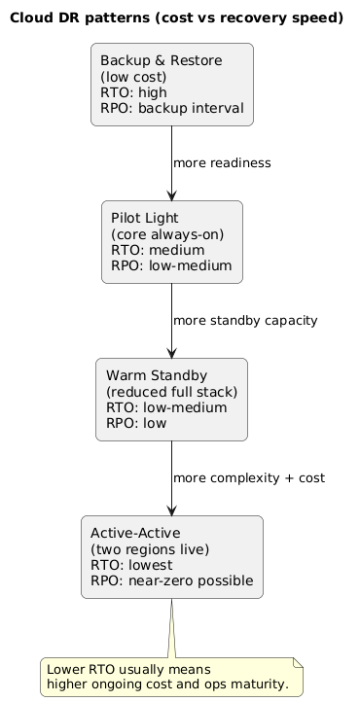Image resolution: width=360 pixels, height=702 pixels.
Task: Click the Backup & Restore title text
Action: click(162, 61)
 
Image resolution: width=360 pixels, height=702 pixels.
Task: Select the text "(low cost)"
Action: click(133, 77)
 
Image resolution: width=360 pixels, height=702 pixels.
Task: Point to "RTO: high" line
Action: click(133, 92)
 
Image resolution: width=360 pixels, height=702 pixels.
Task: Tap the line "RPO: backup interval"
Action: click(172, 108)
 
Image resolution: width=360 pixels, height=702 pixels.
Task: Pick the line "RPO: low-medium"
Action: click(171, 265)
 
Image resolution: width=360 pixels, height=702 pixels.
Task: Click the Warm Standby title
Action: click(157, 376)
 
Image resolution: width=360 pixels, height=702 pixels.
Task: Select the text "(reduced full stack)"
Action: click(171, 392)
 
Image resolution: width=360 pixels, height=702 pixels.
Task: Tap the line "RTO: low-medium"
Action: click(166, 407)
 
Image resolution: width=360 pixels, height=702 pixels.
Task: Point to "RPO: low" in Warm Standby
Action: click(136, 423)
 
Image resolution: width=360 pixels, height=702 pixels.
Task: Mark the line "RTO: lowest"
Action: click(131, 565)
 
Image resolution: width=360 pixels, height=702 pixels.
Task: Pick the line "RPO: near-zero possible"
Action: click(172, 580)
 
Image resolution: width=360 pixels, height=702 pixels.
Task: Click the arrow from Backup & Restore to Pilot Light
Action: click(172, 162)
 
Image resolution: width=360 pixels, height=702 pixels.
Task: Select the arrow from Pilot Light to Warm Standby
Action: click(172, 320)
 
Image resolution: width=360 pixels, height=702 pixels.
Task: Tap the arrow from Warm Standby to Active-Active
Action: click(172, 477)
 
